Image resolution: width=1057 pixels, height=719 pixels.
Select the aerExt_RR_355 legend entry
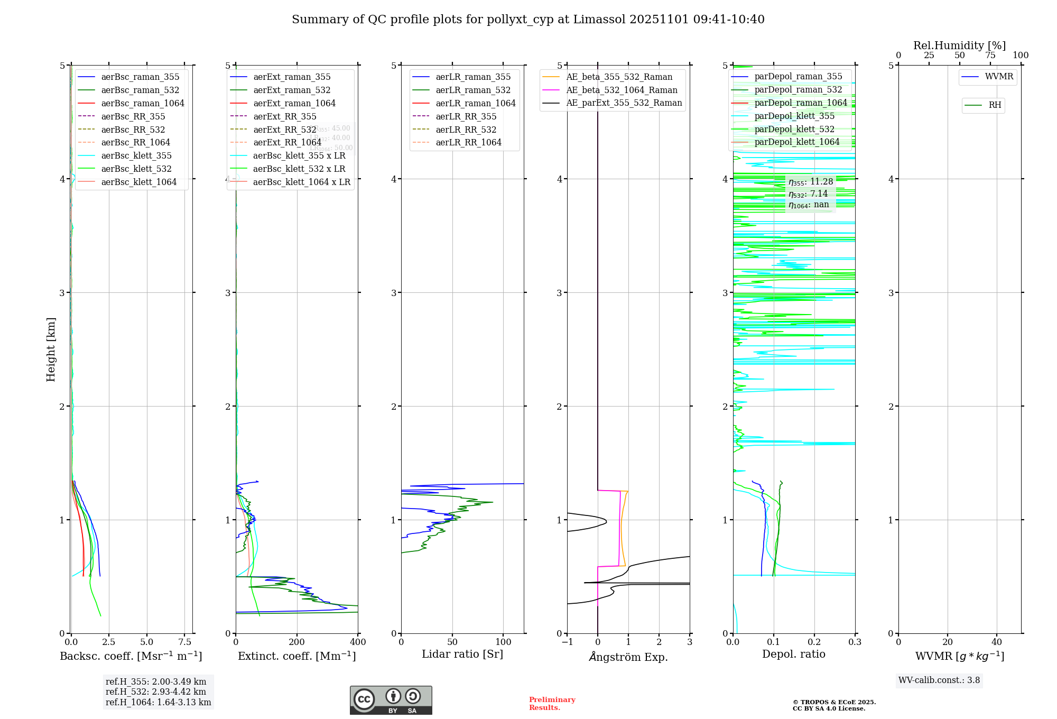point(284,117)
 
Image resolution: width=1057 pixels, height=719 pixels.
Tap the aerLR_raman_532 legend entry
point(473,90)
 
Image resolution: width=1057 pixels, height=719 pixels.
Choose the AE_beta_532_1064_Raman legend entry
point(622,90)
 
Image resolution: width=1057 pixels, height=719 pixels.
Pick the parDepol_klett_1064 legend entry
point(796,142)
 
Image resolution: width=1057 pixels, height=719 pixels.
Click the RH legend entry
point(995,105)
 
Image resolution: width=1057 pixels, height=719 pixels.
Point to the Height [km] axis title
point(51,349)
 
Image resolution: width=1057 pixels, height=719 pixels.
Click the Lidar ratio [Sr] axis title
point(462,655)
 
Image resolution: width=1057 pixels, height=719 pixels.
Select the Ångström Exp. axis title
point(628,657)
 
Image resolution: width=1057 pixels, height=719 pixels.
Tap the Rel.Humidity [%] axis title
point(959,45)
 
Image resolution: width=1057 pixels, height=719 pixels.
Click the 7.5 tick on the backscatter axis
point(185,642)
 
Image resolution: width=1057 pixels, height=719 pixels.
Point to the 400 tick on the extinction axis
point(358,642)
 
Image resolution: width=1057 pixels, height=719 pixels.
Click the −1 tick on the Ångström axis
point(567,642)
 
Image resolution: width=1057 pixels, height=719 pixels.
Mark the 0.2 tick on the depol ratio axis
point(814,642)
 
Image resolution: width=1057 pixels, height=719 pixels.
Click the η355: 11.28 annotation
point(810,182)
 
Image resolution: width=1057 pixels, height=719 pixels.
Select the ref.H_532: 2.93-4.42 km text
point(156,692)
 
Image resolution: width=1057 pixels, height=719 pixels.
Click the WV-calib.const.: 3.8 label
point(939,680)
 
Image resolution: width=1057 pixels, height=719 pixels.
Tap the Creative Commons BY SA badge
point(391,700)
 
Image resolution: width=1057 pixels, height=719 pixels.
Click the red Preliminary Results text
point(552,704)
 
